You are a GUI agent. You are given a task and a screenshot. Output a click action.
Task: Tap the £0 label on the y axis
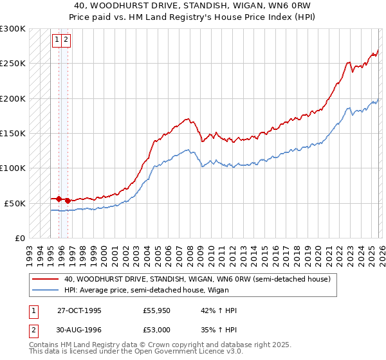click(19, 238)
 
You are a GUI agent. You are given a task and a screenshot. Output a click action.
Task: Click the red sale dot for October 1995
click(59, 199)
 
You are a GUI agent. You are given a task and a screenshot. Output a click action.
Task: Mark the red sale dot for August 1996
click(68, 201)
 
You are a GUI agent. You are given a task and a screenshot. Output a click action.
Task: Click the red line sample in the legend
click(44, 279)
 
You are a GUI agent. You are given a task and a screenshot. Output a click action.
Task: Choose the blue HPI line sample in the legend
click(44, 290)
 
